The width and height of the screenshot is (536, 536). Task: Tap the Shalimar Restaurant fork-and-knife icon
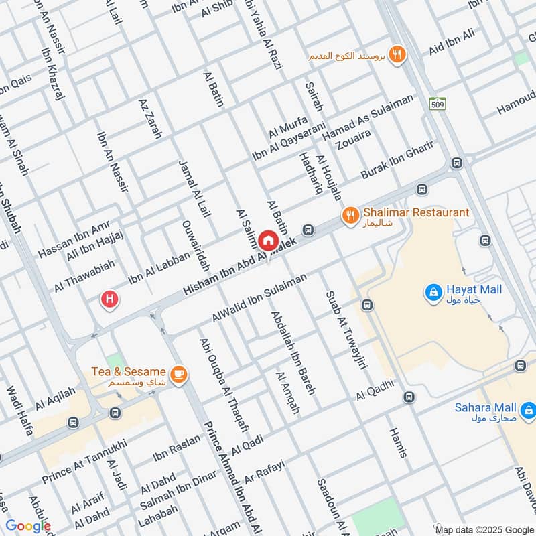click(349, 215)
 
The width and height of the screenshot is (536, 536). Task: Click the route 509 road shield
click(438, 103)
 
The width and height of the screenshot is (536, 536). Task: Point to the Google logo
click(28, 526)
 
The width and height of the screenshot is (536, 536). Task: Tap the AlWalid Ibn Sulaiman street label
click(259, 296)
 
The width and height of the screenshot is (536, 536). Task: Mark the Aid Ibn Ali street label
click(452, 43)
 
